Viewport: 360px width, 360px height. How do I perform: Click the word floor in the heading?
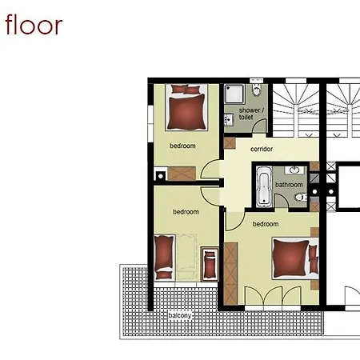tap(34, 25)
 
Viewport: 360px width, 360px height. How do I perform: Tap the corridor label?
tap(262, 149)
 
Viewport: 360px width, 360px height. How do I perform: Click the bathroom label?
tap(289, 185)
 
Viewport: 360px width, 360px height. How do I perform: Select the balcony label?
tap(180, 316)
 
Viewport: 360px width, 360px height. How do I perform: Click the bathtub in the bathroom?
tap(264, 186)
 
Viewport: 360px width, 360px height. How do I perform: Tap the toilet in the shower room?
tap(257, 90)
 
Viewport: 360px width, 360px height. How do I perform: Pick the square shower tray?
tap(234, 94)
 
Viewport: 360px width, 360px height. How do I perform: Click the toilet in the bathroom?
tap(301, 198)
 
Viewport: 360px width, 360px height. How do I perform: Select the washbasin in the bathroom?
tap(294, 170)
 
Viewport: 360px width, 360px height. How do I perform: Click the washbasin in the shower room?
tap(229, 119)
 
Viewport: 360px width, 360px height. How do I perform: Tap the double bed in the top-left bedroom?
tap(186, 107)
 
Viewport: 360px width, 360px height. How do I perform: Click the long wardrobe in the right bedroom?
tap(230, 274)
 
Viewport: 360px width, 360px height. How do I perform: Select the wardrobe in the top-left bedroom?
tap(182, 174)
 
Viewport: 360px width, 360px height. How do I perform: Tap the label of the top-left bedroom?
tap(182, 146)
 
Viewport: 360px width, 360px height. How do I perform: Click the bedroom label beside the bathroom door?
tap(266, 224)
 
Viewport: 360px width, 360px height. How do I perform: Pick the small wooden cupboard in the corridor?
tap(230, 143)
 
